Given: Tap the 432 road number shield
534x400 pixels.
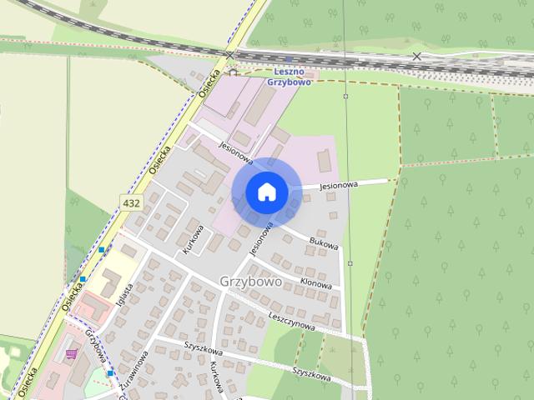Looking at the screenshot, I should click(x=131, y=203).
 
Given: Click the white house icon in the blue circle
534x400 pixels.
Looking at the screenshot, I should click(x=266, y=192).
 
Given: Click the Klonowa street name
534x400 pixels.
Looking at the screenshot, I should click(x=315, y=283).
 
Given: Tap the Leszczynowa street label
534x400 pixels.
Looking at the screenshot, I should click(x=291, y=322).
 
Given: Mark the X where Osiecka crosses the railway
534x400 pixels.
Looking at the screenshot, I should click(x=229, y=55).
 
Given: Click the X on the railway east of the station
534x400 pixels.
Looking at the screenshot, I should click(x=416, y=57).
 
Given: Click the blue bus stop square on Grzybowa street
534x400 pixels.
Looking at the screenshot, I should click(x=109, y=372).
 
